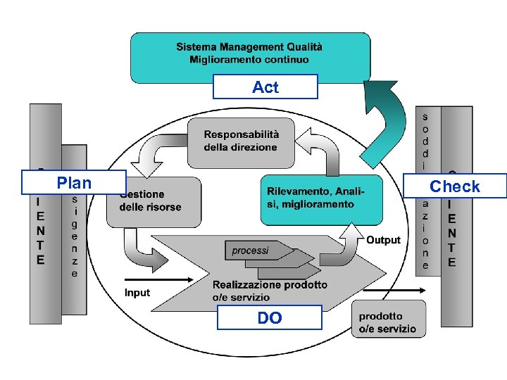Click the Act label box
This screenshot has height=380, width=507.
[x=265, y=87]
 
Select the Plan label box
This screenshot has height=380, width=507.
[x=74, y=183]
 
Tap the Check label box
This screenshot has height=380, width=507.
[x=455, y=186]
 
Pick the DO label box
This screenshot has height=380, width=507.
[x=269, y=318]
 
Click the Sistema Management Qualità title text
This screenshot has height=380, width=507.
[x=249, y=47]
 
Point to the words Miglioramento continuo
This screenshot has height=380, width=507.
[x=249, y=60]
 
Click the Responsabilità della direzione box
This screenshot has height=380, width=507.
[x=241, y=141]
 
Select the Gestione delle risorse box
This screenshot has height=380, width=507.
[x=151, y=201]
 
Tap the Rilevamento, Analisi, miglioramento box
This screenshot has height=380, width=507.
[x=321, y=197]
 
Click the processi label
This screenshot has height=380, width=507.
[x=250, y=251]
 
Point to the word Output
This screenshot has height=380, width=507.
[x=384, y=240]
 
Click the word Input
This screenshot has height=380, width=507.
[x=137, y=292]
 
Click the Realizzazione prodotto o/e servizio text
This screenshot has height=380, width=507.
[x=270, y=291]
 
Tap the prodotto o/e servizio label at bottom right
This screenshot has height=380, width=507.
[x=387, y=322]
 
